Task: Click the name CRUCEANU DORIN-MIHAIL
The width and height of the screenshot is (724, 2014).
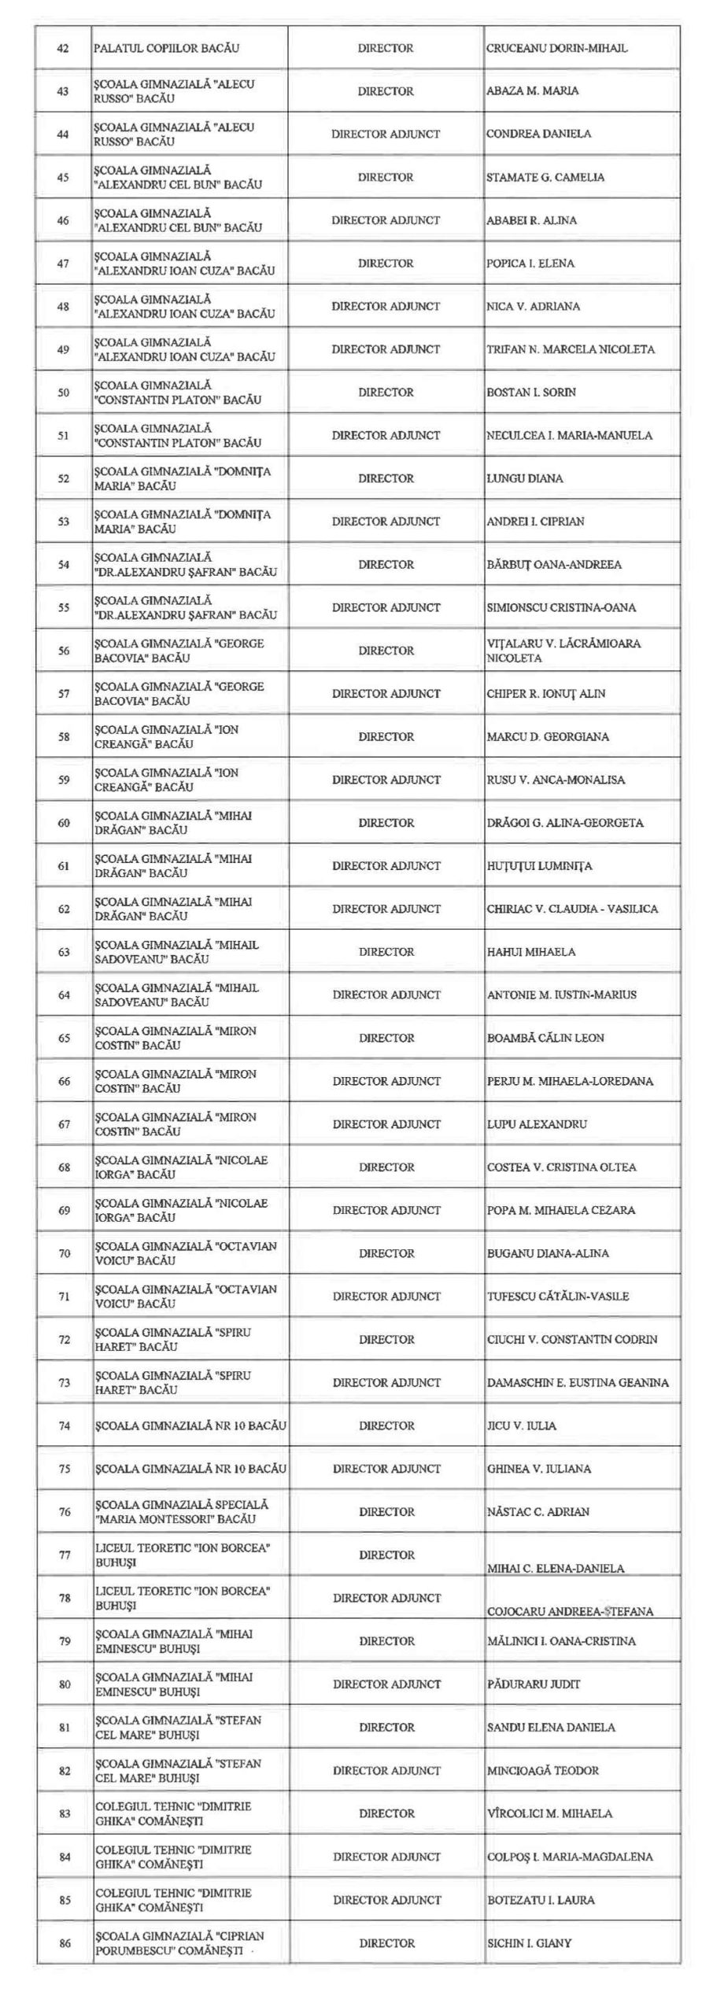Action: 556,48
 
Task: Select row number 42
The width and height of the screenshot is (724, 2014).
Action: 63,48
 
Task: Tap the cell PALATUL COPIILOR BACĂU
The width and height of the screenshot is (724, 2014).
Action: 166,48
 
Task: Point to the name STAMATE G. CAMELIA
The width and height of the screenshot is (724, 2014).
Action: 545,177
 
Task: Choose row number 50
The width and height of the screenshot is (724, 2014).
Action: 63,393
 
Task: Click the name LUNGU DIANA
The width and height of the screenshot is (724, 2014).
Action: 524,478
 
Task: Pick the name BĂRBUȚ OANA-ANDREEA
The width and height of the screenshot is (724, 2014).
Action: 553,564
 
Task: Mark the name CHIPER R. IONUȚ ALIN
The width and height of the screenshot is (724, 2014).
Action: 545,693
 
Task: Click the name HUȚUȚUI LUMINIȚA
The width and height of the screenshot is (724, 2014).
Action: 539,865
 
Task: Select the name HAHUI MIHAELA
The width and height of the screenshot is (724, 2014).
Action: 530,951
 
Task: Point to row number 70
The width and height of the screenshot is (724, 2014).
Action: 64,1253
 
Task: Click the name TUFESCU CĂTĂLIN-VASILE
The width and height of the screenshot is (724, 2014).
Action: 557,1296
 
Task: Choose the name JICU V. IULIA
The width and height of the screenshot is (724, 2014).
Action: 521,1425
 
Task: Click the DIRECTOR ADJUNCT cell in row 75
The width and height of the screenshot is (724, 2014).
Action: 386,1468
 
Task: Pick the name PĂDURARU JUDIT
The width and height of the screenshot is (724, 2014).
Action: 533,1684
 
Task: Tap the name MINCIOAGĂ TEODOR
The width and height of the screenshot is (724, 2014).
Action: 542,1770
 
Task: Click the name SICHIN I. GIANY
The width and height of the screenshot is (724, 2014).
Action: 529,1942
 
